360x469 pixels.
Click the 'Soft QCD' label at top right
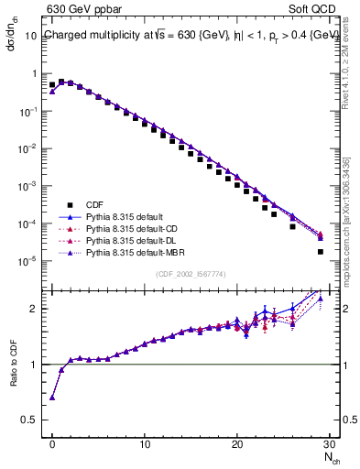pyautogui.click(x=315, y=10)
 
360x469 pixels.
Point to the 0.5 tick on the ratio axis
pyautogui.click(x=31, y=421)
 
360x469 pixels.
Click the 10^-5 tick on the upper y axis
pyautogui.click(x=28, y=262)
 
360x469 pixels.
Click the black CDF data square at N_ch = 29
pyautogui.click(x=320, y=252)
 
